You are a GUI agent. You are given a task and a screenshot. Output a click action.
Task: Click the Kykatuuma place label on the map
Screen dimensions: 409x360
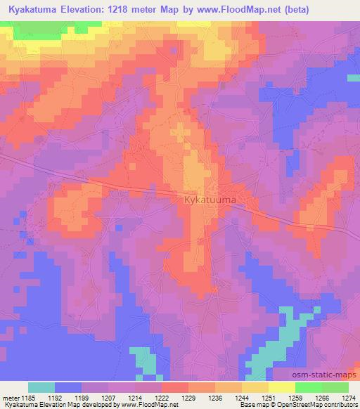(210, 201)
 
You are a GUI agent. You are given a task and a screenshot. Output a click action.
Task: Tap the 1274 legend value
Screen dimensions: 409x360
(347, 397)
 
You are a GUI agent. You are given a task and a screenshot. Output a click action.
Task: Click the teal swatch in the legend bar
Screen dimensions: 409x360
(41, 387)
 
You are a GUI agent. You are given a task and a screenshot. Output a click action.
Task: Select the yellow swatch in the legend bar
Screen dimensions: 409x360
(281, 387)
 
